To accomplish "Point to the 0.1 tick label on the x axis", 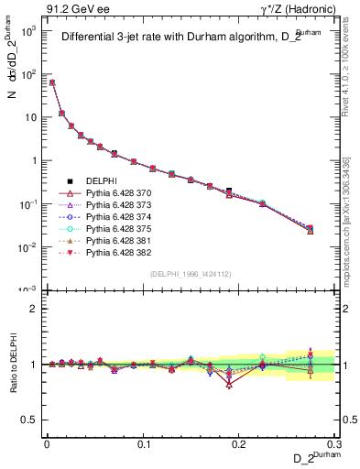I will pos(143,442).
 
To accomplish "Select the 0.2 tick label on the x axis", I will pos(240,442).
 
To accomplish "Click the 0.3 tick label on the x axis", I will pos(334,442).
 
